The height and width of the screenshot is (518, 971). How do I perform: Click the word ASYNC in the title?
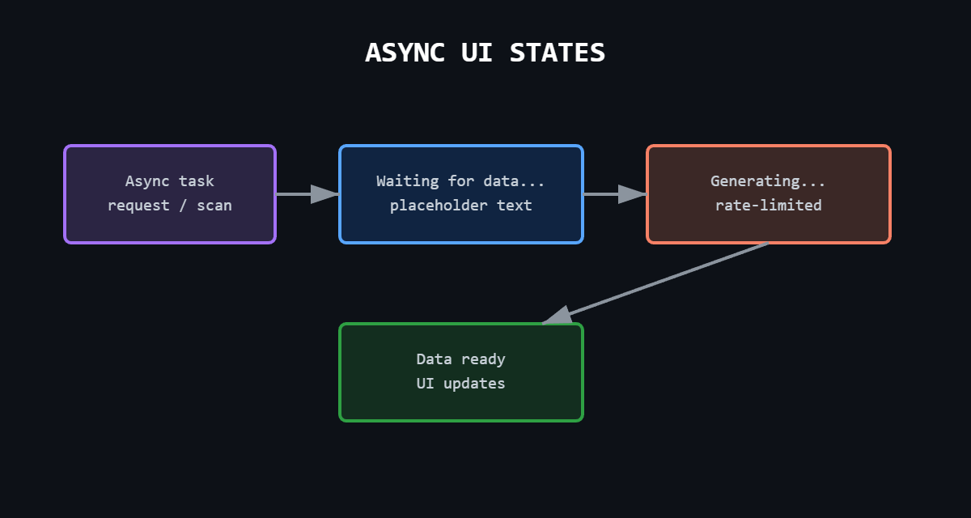point(405,53)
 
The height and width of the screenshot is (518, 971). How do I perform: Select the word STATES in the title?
point(558,53)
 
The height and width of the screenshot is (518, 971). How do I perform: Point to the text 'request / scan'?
point(170,206)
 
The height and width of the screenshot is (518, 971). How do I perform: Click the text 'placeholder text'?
point(461,206)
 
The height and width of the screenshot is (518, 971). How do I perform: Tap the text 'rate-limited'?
point(769,206)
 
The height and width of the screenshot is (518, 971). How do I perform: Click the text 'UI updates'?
point(461,384)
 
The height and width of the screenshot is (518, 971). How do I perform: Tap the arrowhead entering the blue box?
point(325,194)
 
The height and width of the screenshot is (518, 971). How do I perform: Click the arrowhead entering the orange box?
point(633,194)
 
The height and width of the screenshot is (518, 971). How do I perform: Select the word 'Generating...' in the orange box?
point(769,181)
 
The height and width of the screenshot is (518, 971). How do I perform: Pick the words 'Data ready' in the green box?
point(461,359)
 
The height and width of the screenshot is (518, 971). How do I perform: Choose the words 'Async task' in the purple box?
point(170,181)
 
